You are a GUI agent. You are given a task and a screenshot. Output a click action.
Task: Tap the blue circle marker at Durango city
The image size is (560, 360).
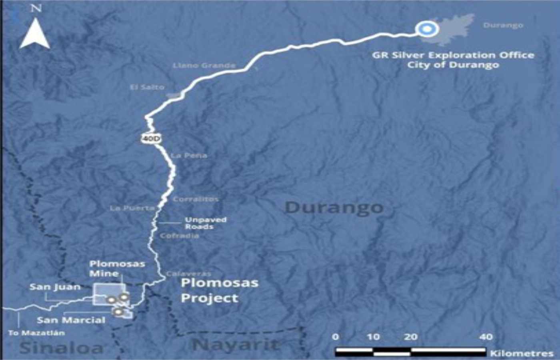(426, 29)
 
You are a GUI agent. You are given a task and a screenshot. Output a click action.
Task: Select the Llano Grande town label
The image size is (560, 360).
(204, 65)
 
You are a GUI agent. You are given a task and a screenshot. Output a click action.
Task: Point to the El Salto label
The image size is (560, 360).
(147, 87)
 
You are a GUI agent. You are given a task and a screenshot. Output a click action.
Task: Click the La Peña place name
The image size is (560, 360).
(189, 155)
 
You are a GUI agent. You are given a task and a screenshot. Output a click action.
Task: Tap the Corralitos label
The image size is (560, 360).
(196, 199)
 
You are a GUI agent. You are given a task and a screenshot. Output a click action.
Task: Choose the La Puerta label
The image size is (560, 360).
(132, 208)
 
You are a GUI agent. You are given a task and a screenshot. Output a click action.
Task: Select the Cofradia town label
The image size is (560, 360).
(179, 236)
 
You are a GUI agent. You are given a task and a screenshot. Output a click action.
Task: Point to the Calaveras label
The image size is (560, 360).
(188, 274)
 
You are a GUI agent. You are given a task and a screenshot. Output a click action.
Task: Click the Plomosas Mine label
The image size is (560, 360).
(117, 268)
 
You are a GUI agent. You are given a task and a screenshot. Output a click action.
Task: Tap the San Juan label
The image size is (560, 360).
(55, 287)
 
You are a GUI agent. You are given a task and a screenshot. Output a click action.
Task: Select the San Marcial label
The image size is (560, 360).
(71, 320)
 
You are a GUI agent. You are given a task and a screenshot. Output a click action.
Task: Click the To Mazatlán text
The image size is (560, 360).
(36, 333)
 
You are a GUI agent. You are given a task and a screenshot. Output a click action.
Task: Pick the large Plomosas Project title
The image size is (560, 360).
(219, 290)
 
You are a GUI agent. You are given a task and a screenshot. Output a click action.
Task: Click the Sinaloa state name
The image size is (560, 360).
(61, 348)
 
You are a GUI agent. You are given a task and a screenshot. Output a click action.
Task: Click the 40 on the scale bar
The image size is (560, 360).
(486, 337)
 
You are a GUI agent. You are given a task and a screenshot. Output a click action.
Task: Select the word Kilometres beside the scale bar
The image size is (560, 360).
(522, 353)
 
